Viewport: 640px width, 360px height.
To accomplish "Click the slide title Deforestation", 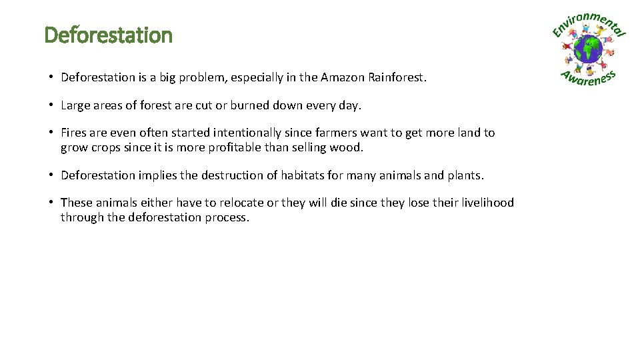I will tap(108, 35).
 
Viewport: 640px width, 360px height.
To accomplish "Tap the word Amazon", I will tap(343, 77).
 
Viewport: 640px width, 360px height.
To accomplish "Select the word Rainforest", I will tap(395, 77).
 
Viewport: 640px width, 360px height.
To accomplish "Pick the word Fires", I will tap(73, 133).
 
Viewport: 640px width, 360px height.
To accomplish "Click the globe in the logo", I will tap(589, 49).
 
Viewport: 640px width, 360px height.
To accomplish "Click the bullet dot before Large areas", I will tap(51, 105).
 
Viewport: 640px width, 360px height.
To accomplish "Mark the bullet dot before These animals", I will tap(51, 203).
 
